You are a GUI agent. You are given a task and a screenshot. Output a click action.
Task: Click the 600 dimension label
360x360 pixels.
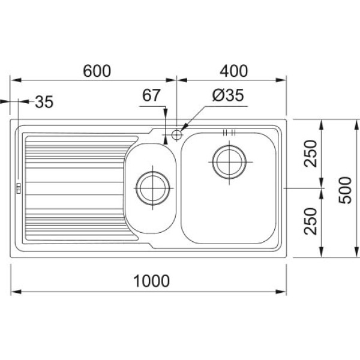97,71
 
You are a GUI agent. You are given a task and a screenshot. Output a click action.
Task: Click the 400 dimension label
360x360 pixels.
234,71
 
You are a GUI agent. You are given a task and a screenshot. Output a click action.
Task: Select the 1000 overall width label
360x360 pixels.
152,281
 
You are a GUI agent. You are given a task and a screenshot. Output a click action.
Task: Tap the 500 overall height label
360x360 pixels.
345,190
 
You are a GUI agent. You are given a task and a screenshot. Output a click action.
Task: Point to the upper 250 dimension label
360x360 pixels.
310,153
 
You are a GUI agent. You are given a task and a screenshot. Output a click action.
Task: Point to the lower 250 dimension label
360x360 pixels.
310,221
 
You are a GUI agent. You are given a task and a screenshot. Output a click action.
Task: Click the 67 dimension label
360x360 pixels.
151,95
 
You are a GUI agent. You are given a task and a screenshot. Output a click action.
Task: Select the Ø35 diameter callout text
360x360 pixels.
228,95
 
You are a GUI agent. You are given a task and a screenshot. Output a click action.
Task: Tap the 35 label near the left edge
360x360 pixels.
44,102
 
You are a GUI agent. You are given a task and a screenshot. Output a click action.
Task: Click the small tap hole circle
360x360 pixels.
176,134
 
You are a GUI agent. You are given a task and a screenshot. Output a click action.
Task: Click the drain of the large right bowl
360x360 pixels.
229,162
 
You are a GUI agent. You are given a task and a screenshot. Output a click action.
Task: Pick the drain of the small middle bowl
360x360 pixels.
152,188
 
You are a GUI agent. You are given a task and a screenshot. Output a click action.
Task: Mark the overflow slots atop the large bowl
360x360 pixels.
229,132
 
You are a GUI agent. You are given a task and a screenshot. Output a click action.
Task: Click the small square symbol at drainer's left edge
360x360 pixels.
19,188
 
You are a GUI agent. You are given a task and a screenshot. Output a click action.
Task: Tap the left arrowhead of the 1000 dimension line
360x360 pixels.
16,292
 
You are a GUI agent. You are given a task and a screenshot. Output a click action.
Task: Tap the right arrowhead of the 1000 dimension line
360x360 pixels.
281,292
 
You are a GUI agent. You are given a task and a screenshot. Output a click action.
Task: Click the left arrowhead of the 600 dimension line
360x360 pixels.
16,80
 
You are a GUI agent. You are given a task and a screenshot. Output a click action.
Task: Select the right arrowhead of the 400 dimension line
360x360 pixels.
281,80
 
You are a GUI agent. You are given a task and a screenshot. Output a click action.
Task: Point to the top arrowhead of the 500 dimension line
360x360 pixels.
357,125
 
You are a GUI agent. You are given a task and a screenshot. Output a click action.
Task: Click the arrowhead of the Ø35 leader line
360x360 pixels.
184,127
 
